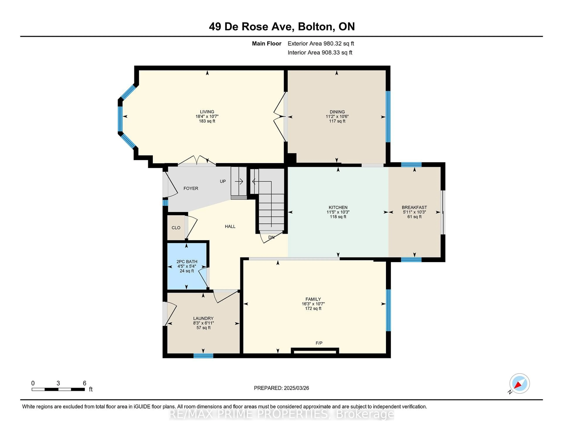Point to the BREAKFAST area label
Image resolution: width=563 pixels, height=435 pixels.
click(414, 207)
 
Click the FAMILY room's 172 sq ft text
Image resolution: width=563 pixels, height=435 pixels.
click(313, 309)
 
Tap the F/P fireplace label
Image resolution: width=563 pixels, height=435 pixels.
click(319, 343)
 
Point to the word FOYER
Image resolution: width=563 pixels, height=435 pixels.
click(191, 188)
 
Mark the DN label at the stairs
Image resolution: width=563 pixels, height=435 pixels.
click(271, 237)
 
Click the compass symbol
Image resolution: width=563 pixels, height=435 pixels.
click(519, 383)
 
